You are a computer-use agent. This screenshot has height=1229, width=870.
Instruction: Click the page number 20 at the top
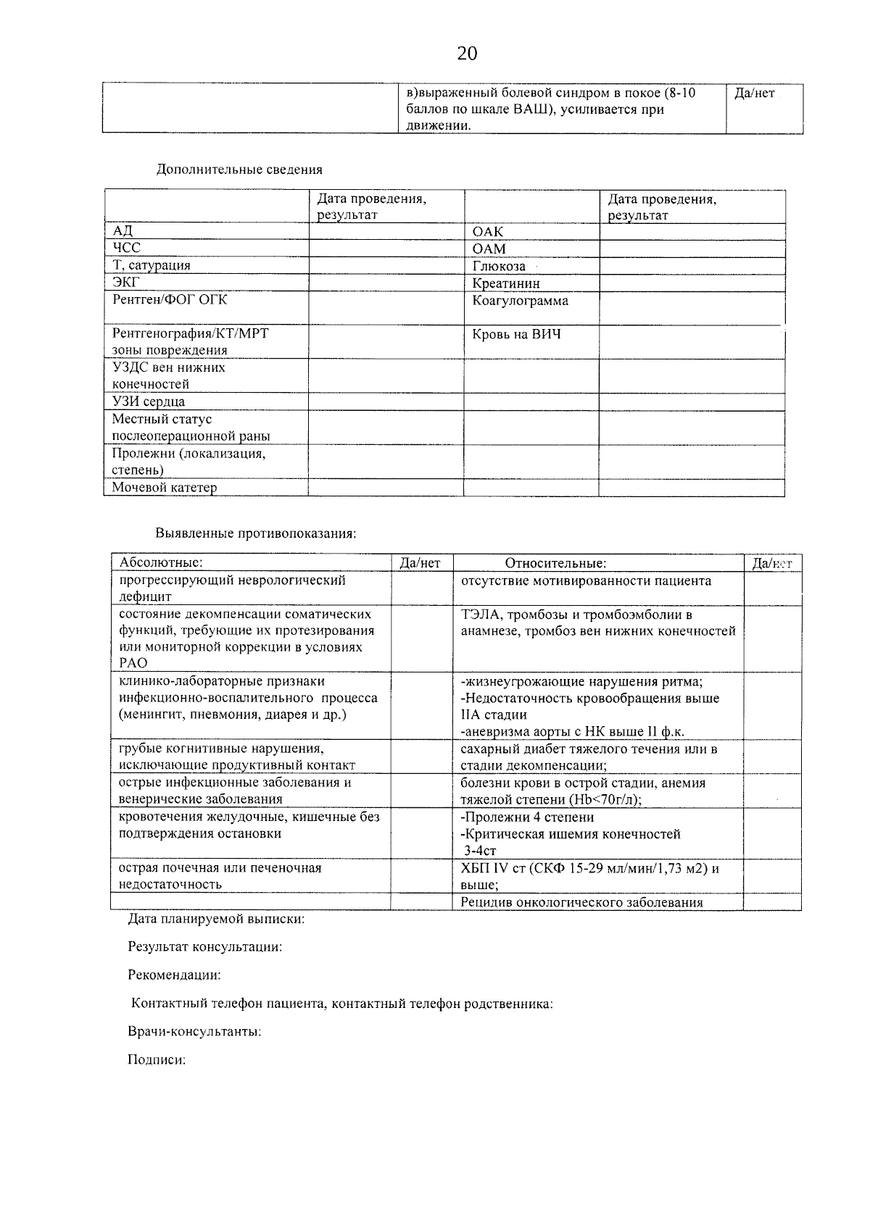(467, 54)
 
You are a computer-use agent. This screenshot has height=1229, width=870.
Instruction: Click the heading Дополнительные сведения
(239, 170)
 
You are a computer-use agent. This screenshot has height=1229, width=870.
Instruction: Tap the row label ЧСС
(126, 248)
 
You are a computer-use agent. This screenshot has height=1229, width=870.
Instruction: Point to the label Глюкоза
(499, 266)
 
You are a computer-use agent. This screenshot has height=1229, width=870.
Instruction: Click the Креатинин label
(506, 283)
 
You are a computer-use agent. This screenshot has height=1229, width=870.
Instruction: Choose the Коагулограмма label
(520, 300)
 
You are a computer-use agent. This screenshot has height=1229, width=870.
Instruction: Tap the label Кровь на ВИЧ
(516, 334)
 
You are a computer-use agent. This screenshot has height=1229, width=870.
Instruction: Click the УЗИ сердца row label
(148, 401)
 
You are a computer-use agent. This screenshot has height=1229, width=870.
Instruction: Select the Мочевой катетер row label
(164, 488)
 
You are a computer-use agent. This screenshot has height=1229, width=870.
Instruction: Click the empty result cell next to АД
(386, 231)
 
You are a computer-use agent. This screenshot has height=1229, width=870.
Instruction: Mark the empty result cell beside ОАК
(692, 231)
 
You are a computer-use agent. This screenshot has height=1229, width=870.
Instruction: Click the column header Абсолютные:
(161, 562)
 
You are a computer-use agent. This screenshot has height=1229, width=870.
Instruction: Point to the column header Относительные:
(555, 563)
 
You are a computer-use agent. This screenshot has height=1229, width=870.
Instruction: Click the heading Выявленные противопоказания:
(256, 533)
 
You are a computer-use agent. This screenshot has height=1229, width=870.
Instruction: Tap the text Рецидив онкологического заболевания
(581, 902)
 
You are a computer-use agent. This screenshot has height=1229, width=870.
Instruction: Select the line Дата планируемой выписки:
(216, 919)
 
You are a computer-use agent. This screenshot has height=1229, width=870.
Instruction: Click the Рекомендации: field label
(174, 975)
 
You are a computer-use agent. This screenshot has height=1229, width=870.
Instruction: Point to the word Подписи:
(157, 1059)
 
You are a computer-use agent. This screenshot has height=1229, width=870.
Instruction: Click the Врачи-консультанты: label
(194, 1031)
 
